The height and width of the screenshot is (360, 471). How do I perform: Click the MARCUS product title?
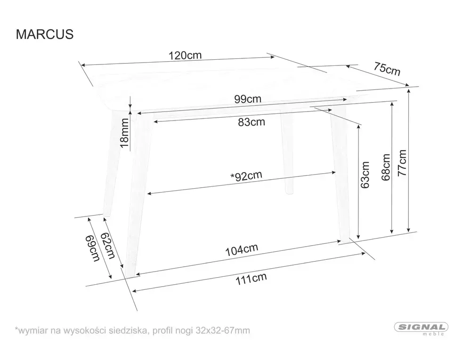pos(45,35)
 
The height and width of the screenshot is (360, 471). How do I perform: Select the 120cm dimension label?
pos(185,55)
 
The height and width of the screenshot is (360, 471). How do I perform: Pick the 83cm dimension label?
pos(251,122)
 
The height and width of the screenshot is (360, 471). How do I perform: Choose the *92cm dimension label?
pos(246,176)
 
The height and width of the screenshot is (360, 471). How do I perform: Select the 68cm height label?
pos(386,167)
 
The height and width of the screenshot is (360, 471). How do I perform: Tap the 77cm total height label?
pos(402,162)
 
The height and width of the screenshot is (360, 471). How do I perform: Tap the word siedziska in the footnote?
pos(130,331)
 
